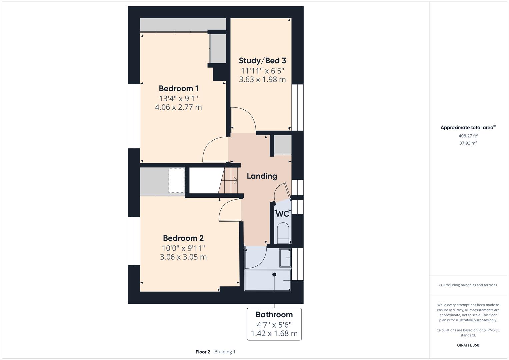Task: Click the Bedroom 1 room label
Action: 178,88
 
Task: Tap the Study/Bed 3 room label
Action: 262,61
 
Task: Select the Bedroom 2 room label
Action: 183,238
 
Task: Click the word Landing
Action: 262,176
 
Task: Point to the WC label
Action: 282,214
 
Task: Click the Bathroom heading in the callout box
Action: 274,315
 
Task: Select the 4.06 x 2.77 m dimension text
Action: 178,107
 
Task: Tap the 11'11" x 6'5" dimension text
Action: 262,71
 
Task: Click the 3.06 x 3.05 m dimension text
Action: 183,257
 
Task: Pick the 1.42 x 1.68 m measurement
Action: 274,333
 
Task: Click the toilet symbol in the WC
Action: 283,232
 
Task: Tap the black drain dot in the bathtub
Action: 274,275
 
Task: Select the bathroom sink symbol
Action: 285,258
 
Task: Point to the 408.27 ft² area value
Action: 468,136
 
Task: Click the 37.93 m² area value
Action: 468,143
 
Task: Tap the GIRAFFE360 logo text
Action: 468,345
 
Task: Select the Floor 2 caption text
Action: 203,352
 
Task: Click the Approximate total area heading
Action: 468,127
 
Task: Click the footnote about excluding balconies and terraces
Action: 468,285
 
